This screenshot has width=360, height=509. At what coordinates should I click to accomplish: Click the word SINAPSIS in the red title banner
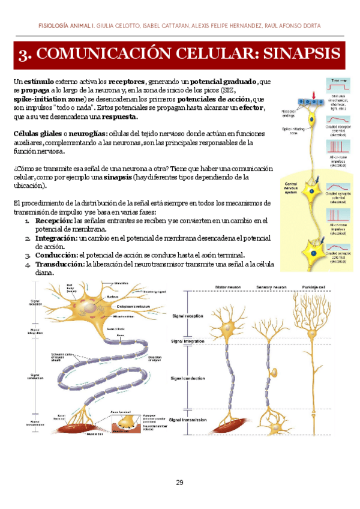point(300,55)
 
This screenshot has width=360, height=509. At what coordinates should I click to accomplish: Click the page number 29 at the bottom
point(179,483)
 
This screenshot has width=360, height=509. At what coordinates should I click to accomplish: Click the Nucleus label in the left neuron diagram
point(112,297)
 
